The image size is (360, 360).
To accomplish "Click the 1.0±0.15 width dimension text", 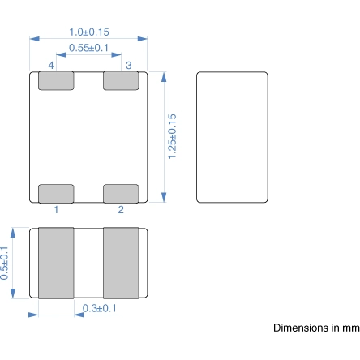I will coord(89,31).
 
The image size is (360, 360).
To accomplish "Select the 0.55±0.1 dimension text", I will coord(89,49).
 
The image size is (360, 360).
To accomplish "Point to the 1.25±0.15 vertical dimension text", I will coord(173,136).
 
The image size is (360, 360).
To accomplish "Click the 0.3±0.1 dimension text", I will coord(100,308).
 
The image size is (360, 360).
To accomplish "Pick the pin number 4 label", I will coord(51,64).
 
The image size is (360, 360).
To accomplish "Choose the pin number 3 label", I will coord(128,64).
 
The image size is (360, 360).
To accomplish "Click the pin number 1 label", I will coord(56,210).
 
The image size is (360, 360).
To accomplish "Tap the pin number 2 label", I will coord(121,210).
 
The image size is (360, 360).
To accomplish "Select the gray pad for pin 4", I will coord(56,80).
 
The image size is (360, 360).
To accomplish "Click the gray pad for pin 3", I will coord(121,80).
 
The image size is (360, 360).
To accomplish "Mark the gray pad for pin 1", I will coord(56,193).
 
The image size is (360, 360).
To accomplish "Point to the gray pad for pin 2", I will coord(121,193).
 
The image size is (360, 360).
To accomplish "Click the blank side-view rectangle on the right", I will coord(232,136).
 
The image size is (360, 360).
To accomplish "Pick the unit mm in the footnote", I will coord(349,328).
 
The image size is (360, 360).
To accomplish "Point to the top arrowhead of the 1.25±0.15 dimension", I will coord(165,75).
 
